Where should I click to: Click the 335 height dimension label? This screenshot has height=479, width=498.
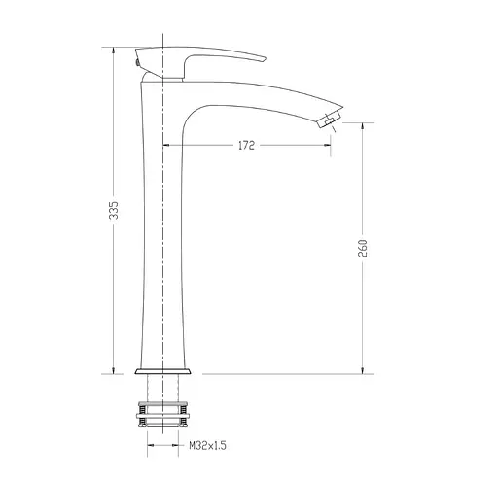tap(114, 210)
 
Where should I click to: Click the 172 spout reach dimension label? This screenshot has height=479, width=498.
tap(246, 146)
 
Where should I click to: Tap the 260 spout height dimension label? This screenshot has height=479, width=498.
tap(363, 248)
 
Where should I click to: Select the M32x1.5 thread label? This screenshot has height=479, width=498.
tap(207, 446)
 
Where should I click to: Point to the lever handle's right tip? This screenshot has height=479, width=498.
tap(266, 59)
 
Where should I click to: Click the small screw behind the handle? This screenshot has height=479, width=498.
tap(137, 62)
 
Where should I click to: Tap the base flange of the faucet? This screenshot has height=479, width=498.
tap(162, 371)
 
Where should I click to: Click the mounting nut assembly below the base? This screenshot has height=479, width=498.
tap(162, 414)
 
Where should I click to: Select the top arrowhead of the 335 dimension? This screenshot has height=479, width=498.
tap(113, 51)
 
